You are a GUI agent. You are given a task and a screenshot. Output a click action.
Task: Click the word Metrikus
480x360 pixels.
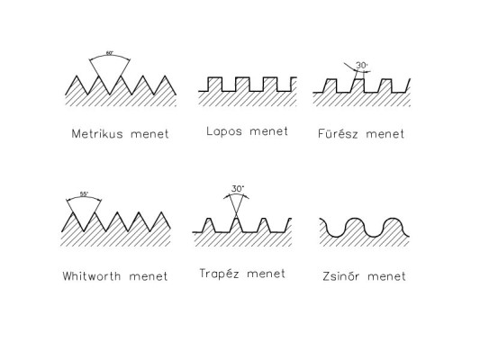click(x=97, y=134)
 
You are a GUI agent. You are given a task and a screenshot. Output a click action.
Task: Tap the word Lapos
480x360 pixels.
click(x=224, y=131)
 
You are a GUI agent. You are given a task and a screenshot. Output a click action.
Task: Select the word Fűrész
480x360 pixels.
click(x=338, y=133)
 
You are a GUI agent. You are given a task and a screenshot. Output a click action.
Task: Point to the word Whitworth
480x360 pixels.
click(x=92, y=276)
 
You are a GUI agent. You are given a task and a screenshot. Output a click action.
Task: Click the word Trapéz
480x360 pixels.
click(x=219, y=273)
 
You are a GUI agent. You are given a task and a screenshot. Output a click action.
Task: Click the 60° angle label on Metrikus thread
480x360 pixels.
click(x=109, y=53)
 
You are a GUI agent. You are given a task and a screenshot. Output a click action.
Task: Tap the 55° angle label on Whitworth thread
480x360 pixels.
click(x=84, y=193)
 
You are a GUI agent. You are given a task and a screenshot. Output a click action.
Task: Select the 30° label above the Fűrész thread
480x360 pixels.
click(x=361, y=66)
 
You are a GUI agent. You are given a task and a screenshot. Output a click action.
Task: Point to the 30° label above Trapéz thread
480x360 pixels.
click(x=238, y=189)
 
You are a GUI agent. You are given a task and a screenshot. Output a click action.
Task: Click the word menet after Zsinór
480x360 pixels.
click(x=386, y=276)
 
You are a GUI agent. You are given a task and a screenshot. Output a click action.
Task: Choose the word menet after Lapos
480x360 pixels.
click(x=268, y=131)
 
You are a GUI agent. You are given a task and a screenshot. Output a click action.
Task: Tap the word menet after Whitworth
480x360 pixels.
click(x=149, y=276)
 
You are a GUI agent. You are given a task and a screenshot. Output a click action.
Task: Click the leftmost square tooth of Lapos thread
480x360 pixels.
click(x=214, y=85)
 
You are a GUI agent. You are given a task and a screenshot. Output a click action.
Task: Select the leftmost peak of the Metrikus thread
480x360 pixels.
click(x=77, y=76)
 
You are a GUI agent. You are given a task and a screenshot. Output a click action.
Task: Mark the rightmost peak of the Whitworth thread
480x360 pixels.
click(x=161, y=212)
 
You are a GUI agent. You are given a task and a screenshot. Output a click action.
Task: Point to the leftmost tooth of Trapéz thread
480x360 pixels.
click(x=209, y=225)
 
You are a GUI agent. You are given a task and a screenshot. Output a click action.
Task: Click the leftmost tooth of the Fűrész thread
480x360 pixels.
click(x=330, y=85)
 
